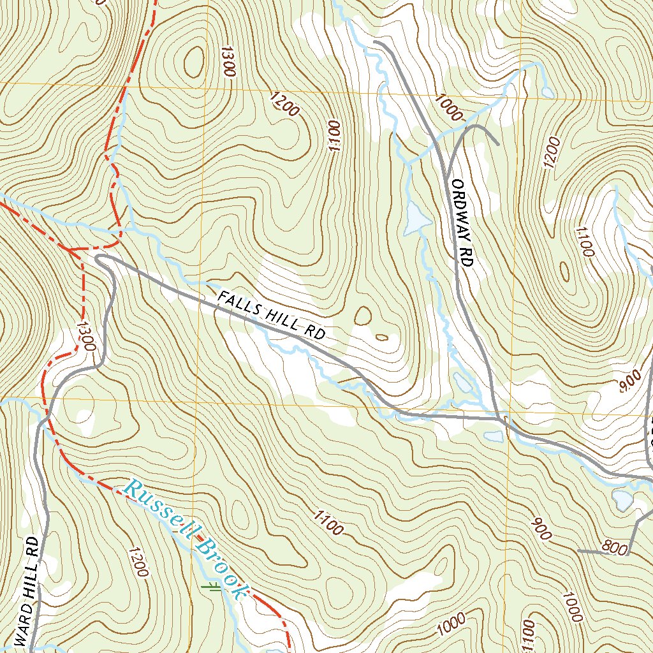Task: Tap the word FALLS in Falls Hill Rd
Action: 239,305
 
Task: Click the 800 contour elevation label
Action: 613,547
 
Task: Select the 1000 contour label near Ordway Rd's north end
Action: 449,106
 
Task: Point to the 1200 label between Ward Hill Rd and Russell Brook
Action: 138,561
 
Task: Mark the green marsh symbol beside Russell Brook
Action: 210,587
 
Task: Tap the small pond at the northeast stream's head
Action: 547,92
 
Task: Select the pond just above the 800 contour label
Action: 622,499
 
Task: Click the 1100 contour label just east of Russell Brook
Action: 328,522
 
